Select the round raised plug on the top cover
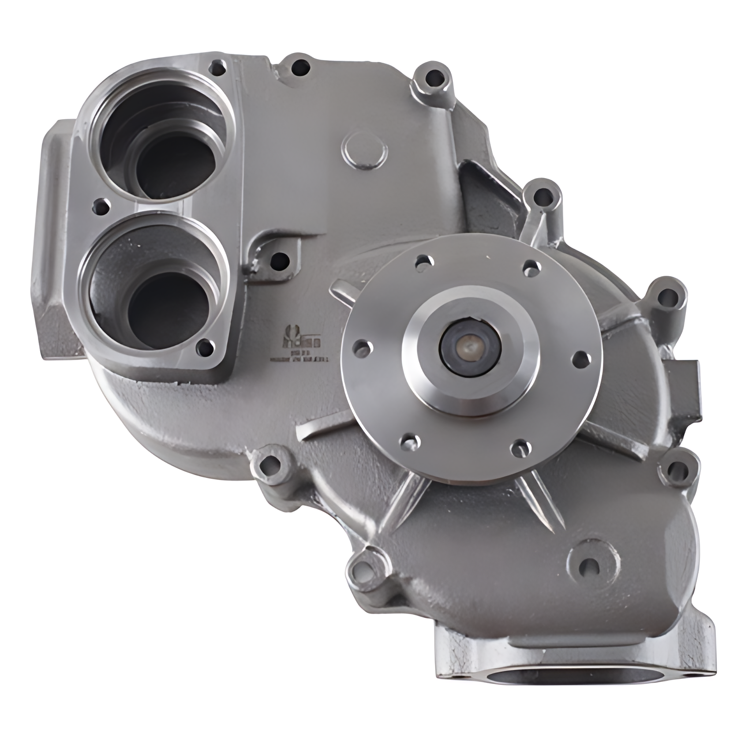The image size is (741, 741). click(365, 153)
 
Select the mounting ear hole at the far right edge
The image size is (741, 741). click(669, 296)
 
